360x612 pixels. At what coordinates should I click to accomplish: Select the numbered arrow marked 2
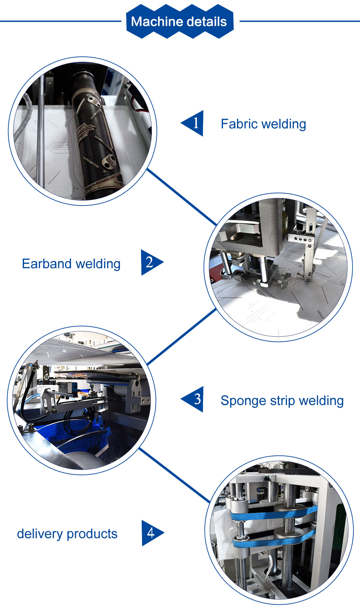click(151, 262)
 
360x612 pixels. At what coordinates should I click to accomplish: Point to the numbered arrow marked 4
click(152, 533)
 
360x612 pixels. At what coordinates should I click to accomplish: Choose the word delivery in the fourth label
click(39, 534)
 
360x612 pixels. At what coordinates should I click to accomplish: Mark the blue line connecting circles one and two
click(182, 197)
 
